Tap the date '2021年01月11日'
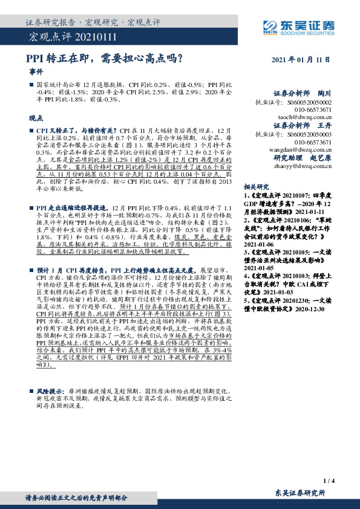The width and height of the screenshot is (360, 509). click(x=300, y=60)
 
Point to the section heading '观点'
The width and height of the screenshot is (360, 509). click(x=36, y=119)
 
